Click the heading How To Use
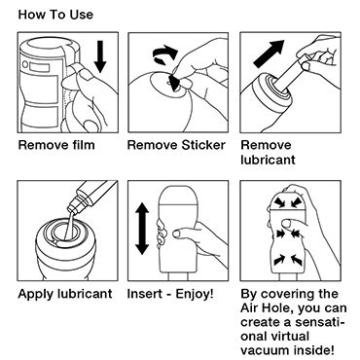click(55, 15)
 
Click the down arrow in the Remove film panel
click(100, 56)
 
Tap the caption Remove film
click(56, 145)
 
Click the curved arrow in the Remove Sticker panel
click(165, 54)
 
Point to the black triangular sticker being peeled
click(174, 83)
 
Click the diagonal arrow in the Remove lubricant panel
click(269, 54)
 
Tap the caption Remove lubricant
click(268, 153)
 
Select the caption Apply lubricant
click(65, 294)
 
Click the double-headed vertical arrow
click(142, 229)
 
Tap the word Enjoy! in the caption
click(195, 294)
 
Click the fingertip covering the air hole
click(287, 223)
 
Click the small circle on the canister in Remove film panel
click(25, 65)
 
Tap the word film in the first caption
click(83, 145)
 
